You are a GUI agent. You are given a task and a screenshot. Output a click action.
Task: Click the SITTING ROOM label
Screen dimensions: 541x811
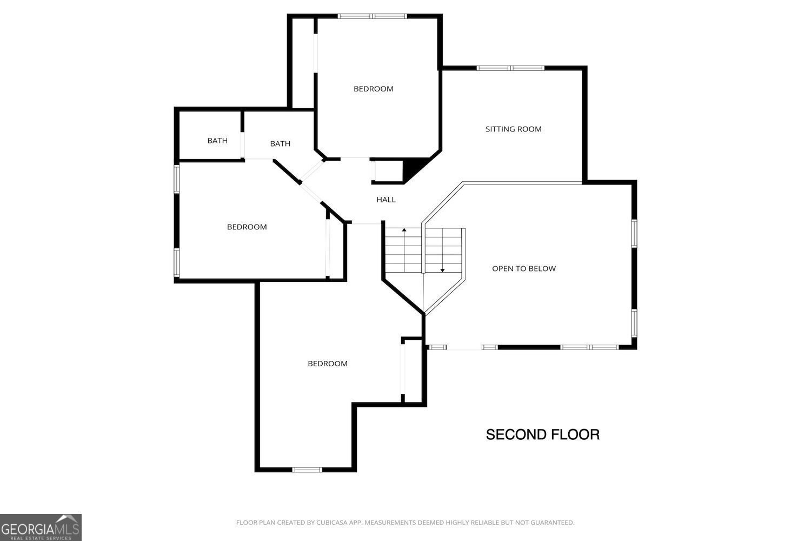pos(513,129)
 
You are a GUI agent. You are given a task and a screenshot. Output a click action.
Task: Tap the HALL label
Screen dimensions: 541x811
pos(386,200)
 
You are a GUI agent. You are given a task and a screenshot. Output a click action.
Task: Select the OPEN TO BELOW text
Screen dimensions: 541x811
pos(523,268)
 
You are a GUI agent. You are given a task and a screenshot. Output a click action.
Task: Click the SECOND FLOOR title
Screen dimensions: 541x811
pos(542,434)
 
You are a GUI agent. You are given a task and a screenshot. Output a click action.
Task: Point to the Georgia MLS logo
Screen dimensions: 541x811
pos(41,527)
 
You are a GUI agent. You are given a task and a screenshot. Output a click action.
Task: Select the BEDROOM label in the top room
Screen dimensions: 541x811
pos(373,89)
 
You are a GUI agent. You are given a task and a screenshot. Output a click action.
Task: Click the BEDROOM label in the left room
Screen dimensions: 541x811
pos(247,227)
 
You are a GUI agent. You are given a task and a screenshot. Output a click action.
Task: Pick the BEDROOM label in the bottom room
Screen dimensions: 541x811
pos(327,364)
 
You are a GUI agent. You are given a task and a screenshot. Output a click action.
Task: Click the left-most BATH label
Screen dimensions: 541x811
pos(217,141)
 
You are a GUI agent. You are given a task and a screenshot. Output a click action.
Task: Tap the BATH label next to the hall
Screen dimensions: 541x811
pos(280,143)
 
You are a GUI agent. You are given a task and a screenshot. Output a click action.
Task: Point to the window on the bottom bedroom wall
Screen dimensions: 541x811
pos(307,470)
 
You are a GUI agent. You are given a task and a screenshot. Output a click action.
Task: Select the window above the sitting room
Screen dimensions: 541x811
pos(510,68)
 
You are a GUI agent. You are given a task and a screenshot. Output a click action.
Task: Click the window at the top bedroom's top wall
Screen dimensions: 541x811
pos(372,16)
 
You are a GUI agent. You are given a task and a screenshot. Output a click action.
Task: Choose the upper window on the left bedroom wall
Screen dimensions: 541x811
pos(176,178)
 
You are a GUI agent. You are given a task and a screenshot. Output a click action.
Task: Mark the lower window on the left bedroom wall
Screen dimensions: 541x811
pos(176,262)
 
